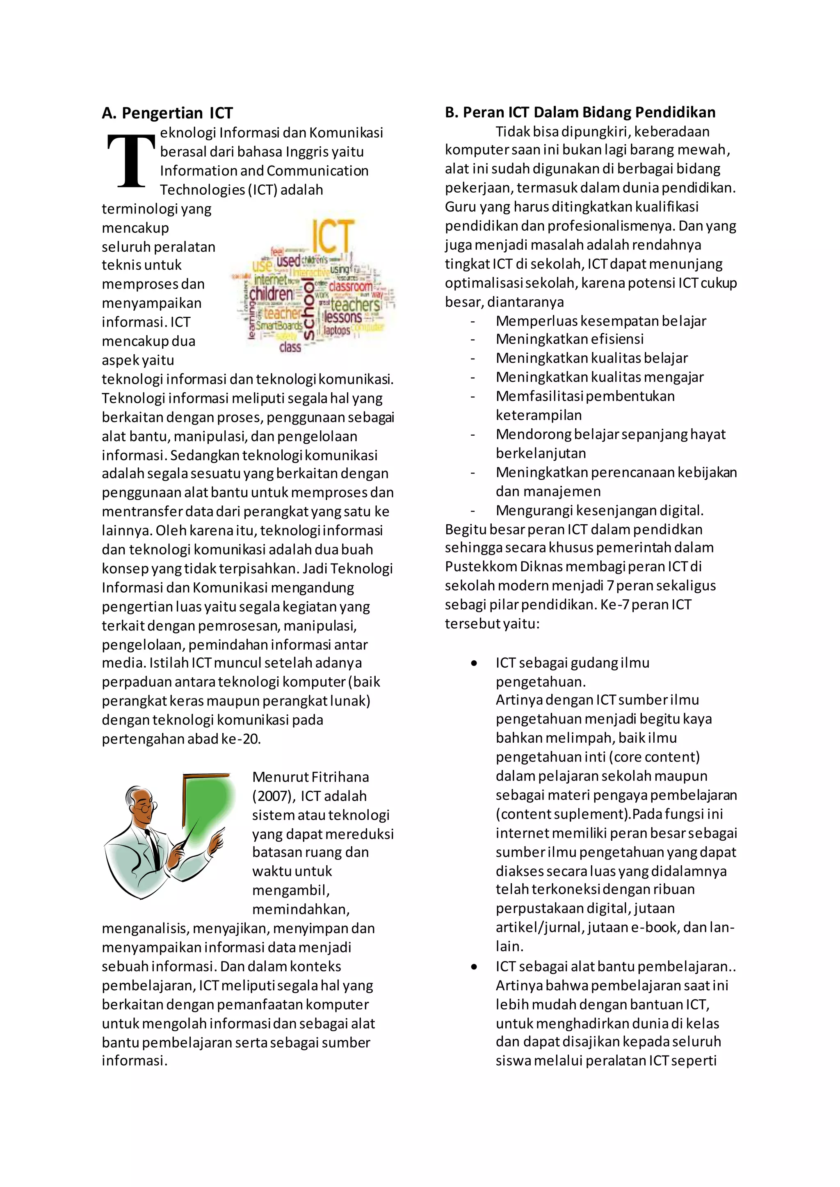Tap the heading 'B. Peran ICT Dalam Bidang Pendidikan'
[580, 112]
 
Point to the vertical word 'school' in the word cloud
[309, 309]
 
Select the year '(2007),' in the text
[274, 796]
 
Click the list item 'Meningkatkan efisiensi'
[569, 339]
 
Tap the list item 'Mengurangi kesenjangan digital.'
[600, 510]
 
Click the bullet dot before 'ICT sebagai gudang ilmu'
[474, 663]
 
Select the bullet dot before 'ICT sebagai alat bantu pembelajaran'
[474, 967]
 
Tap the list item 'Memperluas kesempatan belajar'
[600, 321]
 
